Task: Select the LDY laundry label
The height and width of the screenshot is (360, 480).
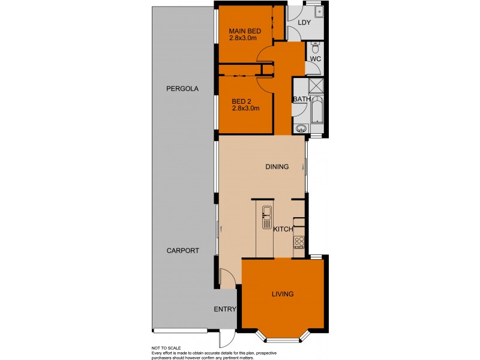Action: (304, 23)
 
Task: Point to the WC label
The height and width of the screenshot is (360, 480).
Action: (316, 59)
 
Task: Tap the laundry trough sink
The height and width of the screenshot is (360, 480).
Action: (319, 11)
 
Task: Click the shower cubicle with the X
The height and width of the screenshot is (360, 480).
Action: (317, 85)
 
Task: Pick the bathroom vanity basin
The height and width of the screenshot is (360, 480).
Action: (302, 128)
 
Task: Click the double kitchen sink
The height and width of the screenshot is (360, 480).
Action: (266, 217)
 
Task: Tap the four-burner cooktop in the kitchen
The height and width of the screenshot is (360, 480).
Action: (299, 242)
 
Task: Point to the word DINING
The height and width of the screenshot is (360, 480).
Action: (277, 167)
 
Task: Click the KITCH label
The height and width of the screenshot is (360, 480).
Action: (283, 229)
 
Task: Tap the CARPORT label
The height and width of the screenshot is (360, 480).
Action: (182, 251)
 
